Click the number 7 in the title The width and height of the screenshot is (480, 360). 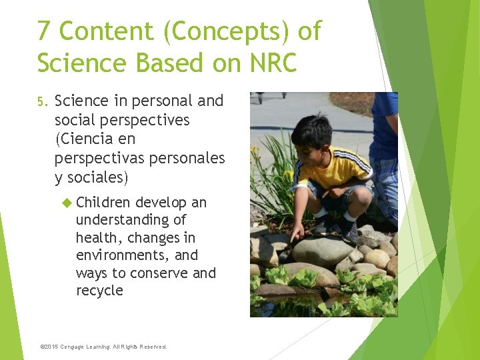click(44, 31)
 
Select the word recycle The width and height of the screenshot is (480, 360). click(99, 291)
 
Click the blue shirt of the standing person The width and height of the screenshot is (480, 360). click(385, 127)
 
